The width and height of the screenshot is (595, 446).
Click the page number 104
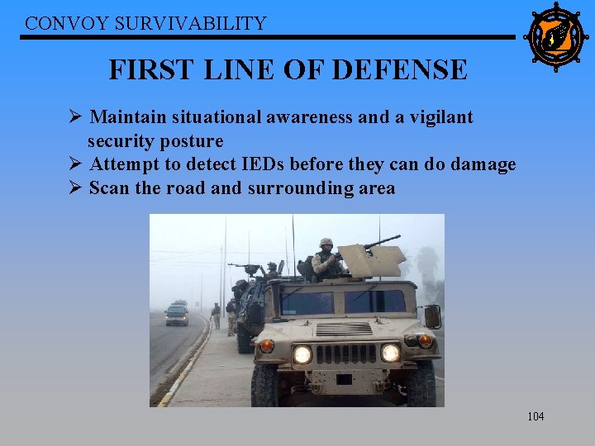pyautogui.click(x=535, y=416)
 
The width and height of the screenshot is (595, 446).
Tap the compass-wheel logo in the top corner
pyautogui.click(x=555, y=36)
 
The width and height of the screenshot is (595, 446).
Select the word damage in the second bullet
pyautogui.click(x=481, y=164)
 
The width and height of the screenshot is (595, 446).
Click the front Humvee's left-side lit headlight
pyautogui.click(x=303, y=354)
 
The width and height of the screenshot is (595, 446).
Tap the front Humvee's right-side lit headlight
pyautogui.click(x=390, y=353)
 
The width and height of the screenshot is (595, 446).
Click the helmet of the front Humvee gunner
pyautogui.click(x=326, y=243)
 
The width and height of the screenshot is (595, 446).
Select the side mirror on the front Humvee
pyautogui.click(x=431, y=316)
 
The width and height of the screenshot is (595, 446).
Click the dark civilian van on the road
pyautogui.click(x=177, y=315)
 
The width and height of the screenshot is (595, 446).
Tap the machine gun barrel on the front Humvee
pyautogui.click(x=382, y=242)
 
